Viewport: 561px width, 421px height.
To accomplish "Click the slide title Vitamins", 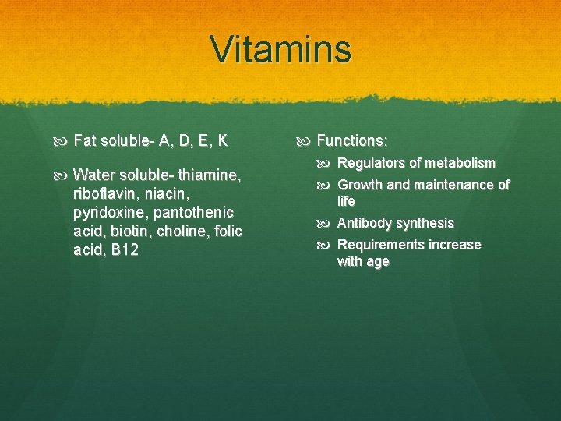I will pos(280,50).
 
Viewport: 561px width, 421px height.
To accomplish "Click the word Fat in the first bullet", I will pos(84,141).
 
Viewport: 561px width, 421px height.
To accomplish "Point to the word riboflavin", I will pos(102,193).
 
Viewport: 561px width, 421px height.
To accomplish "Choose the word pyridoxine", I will pos(108,213).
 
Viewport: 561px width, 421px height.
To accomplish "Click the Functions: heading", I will pos(352,141).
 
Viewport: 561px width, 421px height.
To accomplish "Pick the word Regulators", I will pos(372,164).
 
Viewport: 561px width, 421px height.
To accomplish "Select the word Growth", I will pos(360,186).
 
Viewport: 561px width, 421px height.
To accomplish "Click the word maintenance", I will pos(453,186).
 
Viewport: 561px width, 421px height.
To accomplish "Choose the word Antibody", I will pos(364,224).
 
